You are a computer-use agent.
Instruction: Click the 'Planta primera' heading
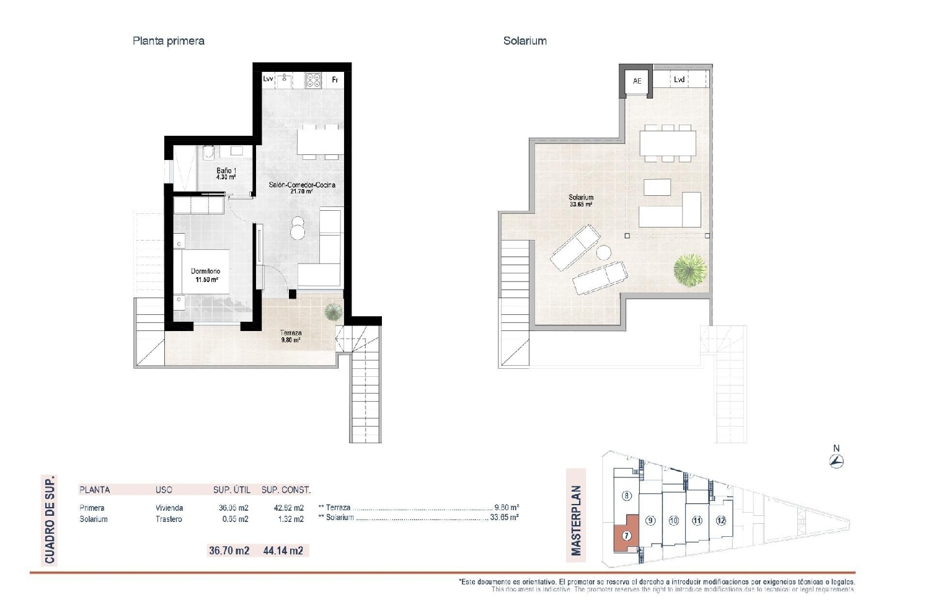click(x=168, y=41)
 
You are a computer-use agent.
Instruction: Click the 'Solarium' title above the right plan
click(x=525, y=41)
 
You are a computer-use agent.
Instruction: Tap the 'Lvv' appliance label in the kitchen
click(x=268, y=79)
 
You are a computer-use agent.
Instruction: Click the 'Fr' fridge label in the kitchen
click(x=335, y=79)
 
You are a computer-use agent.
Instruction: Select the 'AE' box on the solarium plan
click(x=637, y=81)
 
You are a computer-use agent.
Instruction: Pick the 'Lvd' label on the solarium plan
click(x=679, y=79)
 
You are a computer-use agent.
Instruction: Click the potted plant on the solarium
click(x=690, y=269)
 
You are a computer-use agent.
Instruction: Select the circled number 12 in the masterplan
click(x=720, y=521)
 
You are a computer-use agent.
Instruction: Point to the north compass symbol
click(x=837, y=461)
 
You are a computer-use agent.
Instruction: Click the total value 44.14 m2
click(x=283, y=550)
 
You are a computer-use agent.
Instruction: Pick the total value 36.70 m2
click(x=229, y=550)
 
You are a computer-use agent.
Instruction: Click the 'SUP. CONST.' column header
click(x=285, y=490)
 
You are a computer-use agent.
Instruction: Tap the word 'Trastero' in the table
click(x=169, y=519)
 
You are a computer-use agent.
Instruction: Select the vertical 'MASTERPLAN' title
click(x=577, y=521)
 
